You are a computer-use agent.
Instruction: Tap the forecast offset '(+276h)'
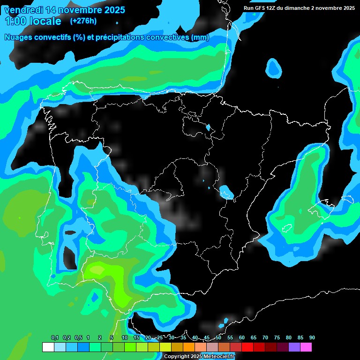pyautogui.click(x=83, y=21)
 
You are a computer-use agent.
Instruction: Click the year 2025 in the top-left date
pyautogui.click(x=112, y=9)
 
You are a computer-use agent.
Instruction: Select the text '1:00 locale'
pyautogui.click(x=33, y=21)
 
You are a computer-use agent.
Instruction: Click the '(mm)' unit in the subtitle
pyautogui.click(x=200, y=37)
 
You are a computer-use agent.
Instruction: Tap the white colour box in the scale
pyautogui.click(x=48, y=347)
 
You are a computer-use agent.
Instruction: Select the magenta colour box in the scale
pyautogui.click(x=306, y=347)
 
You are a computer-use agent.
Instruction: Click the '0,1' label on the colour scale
pyautogui.click(x=55, y=337)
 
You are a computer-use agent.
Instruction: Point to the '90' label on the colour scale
pyautogui.click(x=312, y=337)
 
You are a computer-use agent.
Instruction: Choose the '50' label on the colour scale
pyautogui.click(x=218, y=337)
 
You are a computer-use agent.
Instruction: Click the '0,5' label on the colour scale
pyautogui.click(x=78, y=337)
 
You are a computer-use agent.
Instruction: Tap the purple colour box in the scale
pyautogui.click(x=294, y=347)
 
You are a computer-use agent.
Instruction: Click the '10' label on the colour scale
pyautogui.click(x=125, y=337)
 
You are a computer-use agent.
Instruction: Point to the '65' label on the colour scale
pyautogui.click(x=254, y=337)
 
